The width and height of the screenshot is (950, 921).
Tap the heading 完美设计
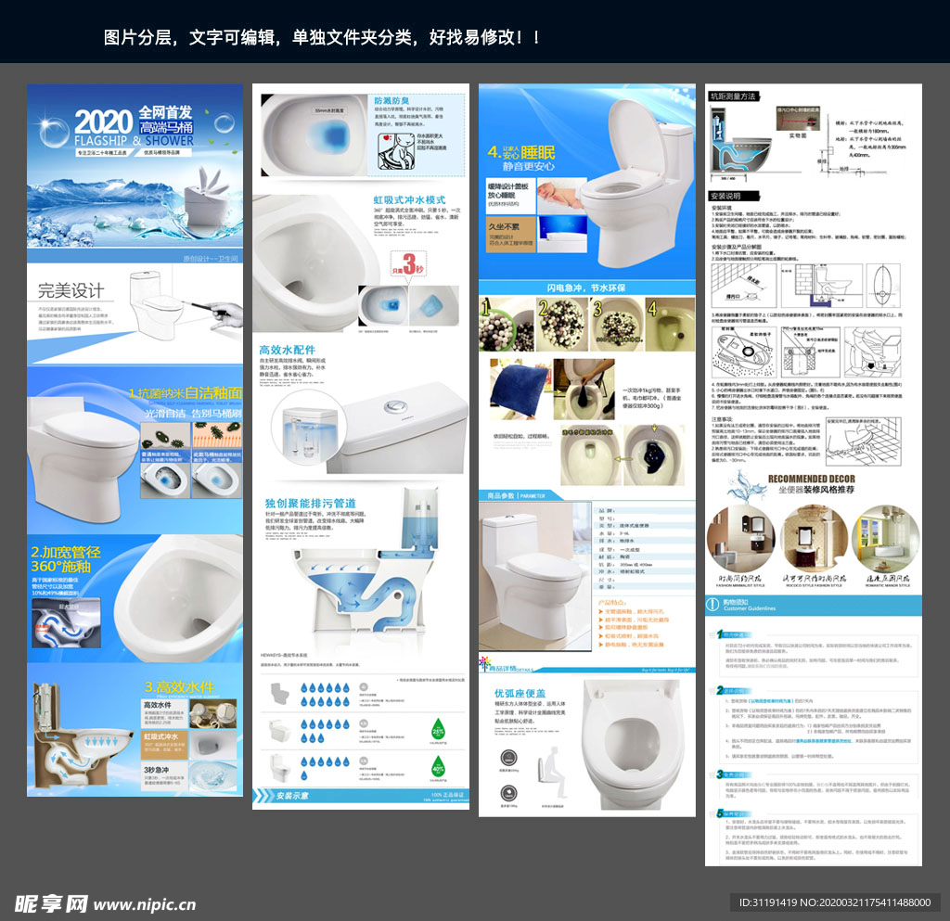(x=71, y=290)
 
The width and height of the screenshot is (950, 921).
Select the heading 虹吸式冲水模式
(x=409, y=199)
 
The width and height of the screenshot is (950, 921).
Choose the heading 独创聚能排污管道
(x=310, y=503)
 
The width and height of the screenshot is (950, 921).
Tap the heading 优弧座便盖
(x=520, y=693)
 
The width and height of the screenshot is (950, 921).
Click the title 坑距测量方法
(x=733, y=96)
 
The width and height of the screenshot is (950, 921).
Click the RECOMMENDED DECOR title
(x=814, y=479)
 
